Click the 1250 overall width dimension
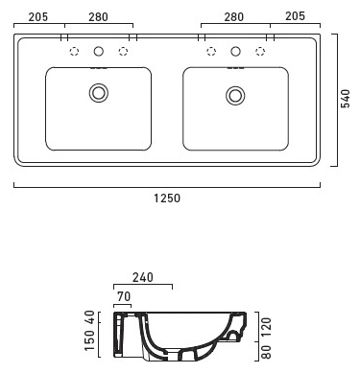(x=167, y=198)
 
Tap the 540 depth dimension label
(x=346, y=99)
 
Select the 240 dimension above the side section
(x=143, y=277)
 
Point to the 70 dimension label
(x=124, y=296)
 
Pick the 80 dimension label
(x=266, y=352)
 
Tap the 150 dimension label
(x=89, y=339)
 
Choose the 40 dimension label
(x=89, y=316)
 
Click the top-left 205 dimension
(x=38, y=17)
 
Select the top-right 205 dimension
(x=295, y=16)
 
